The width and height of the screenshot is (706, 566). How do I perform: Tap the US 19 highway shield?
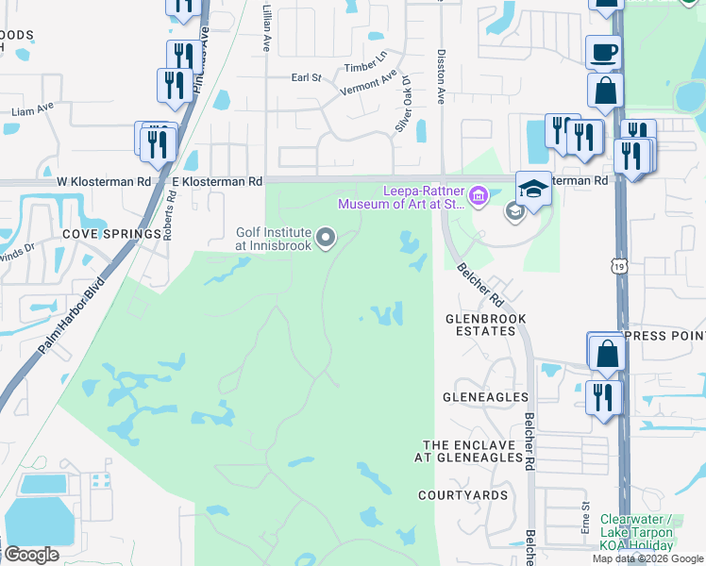[x=619, y=270]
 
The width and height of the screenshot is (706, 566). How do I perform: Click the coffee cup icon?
[x=602, y=53]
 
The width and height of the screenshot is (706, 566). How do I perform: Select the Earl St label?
[x=307, y=77]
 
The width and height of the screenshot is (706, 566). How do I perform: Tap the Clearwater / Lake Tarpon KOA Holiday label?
[x=638, y=532]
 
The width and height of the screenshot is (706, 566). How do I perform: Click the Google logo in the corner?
[x=30, y=555]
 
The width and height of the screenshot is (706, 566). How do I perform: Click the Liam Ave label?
[x=28, y=111]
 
